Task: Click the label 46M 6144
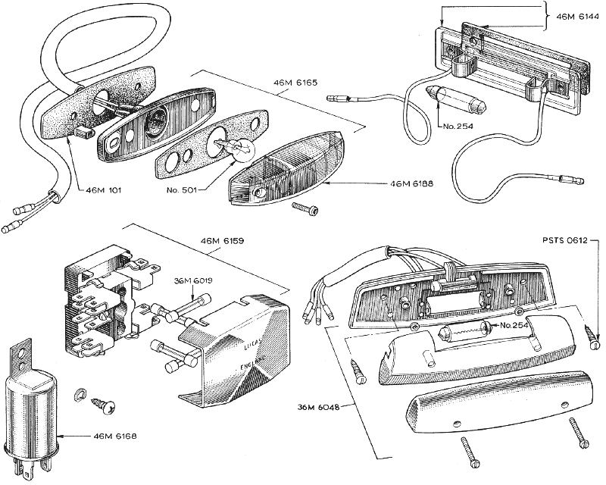point(577,16)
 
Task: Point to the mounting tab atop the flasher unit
point(22,356)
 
